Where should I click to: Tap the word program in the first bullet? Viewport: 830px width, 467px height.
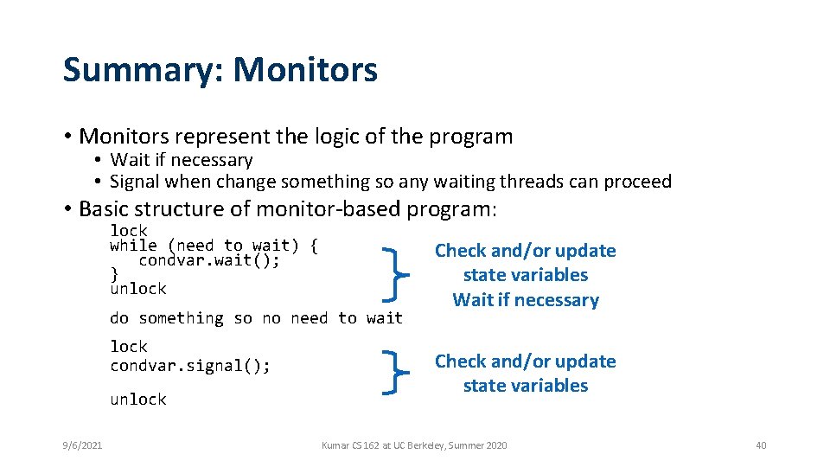coord(474,137)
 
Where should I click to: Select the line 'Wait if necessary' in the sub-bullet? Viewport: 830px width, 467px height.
coord(182,160)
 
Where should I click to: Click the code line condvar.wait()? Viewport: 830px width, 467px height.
coord(208,259)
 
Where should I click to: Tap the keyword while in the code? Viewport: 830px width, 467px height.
coord(133,246)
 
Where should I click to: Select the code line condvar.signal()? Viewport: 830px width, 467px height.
coord(190,366)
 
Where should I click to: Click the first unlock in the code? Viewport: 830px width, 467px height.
coord(138,289)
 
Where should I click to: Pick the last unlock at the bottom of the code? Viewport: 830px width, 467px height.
coord(138,400)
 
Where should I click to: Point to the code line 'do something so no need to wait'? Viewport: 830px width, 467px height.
coord(256,318)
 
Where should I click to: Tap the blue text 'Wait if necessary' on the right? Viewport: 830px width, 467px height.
coord(526,300)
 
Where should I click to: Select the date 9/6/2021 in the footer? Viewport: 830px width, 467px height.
coord(83,445)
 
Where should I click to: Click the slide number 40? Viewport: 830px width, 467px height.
coord(761,445)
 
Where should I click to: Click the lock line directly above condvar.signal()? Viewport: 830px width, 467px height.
coord(129,347)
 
